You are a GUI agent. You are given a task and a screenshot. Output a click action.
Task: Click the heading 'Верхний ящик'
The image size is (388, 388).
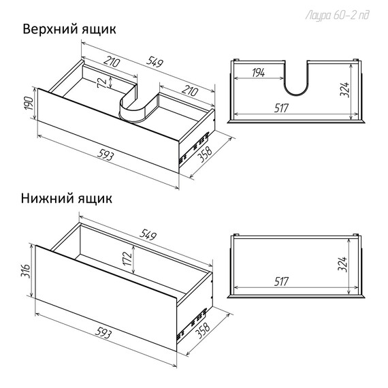coord(69,30)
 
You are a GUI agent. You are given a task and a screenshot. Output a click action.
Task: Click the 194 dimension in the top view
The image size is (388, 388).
coord(258,73)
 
